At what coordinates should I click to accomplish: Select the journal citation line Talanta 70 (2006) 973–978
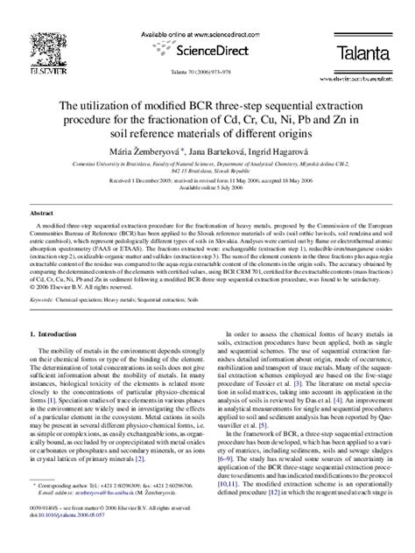[x=207, y=73]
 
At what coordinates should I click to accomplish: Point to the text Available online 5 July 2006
[x=207, y=186]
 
